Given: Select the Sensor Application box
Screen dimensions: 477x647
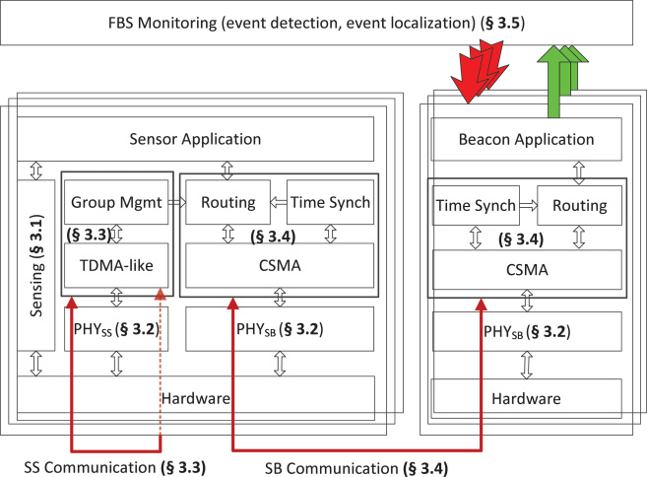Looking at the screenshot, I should pyautogui.click(x=197, y=138).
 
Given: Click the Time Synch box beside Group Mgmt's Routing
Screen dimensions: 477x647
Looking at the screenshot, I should pyautogui.click(x=329, y=204).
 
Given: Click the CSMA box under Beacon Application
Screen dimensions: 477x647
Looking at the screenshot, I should pyautogui.click(x=526, y=269).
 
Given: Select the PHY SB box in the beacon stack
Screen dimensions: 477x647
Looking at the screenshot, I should pyautogui.click(x=526, y=330).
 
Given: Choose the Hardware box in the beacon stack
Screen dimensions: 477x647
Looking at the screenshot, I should pyautogui.click(x=526, y=399).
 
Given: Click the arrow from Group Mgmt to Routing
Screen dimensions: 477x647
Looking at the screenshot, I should pyautogui.click(x=175, y=204).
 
